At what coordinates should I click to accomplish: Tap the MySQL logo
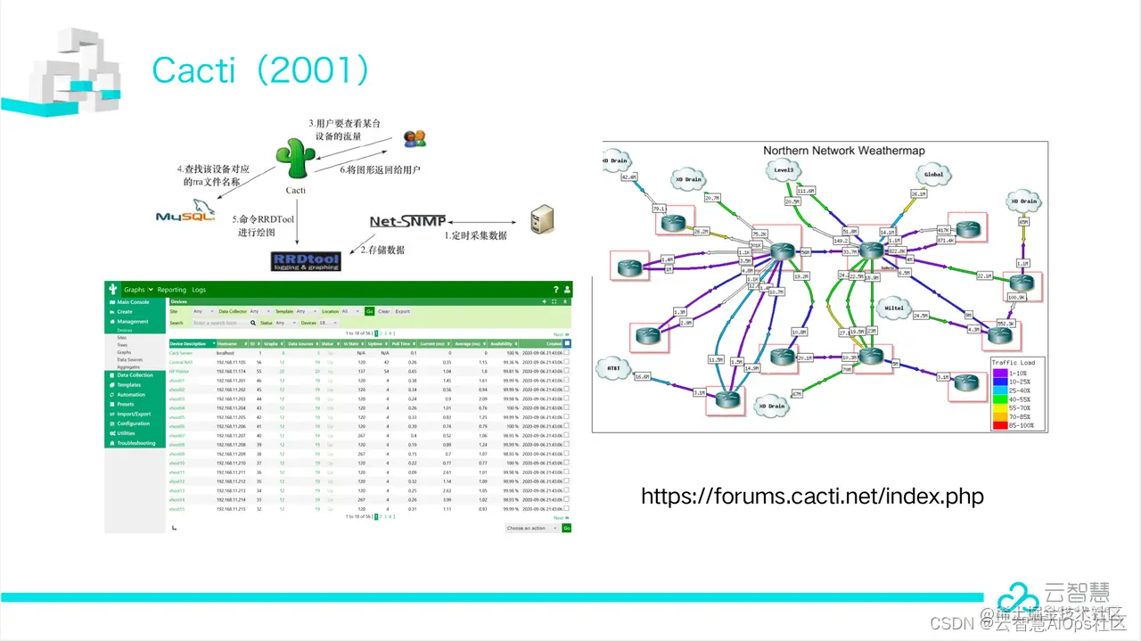185,216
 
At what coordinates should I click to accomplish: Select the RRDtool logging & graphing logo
306,259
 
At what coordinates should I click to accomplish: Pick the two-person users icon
415,138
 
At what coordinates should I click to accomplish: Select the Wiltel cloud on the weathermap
894,308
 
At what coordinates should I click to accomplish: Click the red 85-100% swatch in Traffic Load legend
998,425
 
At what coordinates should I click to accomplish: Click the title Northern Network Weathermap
843,151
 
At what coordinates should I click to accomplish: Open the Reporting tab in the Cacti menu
172,290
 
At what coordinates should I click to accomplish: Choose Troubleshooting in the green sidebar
135,443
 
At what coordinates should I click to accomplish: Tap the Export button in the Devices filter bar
403,311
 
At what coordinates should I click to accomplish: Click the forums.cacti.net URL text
812,496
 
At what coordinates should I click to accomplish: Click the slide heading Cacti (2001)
260,70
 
